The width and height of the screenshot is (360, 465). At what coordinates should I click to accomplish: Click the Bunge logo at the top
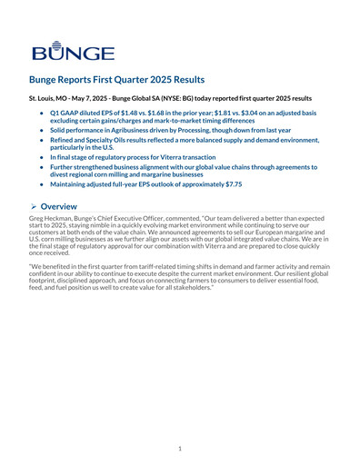coord(72,50)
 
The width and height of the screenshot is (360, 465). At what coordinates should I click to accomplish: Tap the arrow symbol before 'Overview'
coord(35,206)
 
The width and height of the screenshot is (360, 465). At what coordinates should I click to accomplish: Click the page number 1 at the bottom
coord(180,448)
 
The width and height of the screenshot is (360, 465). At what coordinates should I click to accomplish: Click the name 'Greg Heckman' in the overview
coord(53,220)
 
